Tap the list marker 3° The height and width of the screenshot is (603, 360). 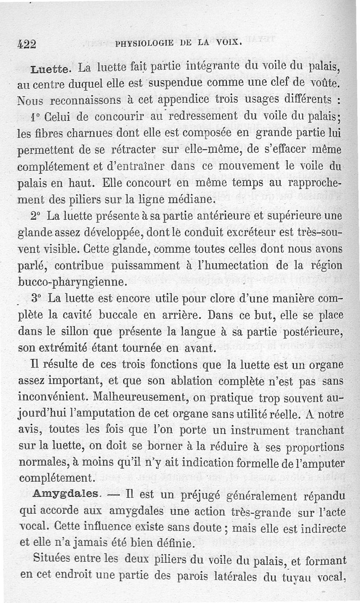pos(36,298)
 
